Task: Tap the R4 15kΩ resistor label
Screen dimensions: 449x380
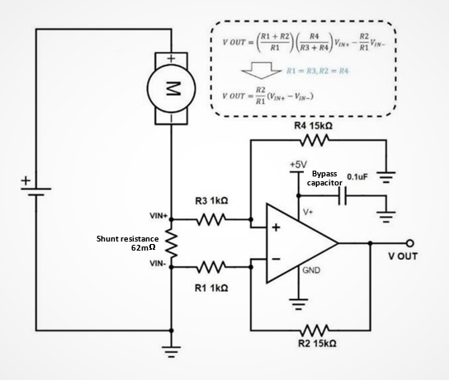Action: (x=314, y=126)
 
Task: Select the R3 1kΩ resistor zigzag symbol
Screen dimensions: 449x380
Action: (x=211, y=219)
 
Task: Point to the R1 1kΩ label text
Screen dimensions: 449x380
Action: (x=211, y=288)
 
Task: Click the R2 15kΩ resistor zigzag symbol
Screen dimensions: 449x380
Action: (x=314, y=331)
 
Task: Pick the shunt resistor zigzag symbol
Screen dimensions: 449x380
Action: (x=171, y=243)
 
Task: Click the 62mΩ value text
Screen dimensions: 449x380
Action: (x=143, y=247)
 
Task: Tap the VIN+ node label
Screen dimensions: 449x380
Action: (x=158, y=216)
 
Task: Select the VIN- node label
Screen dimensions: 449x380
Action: (x=158, y=263)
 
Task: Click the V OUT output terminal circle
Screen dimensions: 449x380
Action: (x=409, y=243)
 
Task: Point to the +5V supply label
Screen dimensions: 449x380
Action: (x=298, y=164)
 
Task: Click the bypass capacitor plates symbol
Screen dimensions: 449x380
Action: (x=343, y=196)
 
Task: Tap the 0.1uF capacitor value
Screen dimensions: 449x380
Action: (x=357, y=176)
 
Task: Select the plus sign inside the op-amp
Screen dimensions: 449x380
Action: (x=276, y=228)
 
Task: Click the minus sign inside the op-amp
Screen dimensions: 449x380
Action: (x=276, y=259)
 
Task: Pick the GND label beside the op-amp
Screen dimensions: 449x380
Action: (x=311, y=270)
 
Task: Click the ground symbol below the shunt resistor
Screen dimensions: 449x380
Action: (x=171, y=352)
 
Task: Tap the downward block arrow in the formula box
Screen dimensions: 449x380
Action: (x=262, y=70)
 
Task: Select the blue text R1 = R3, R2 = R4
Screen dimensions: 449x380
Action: (x=317, y=71)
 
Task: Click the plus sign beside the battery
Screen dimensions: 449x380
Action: (x=26, y=181)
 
